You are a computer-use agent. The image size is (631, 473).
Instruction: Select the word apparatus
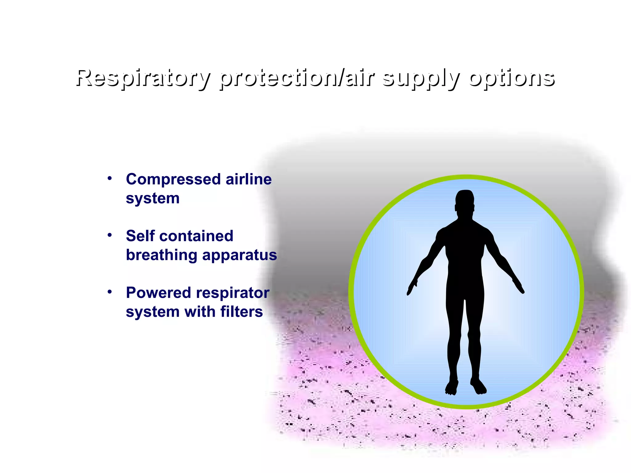coord(239,255)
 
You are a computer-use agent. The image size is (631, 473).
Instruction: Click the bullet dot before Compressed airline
coord(110,178)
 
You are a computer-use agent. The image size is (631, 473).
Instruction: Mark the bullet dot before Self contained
coord(110,235)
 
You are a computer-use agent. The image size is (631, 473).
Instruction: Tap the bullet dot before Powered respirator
coord(110,292)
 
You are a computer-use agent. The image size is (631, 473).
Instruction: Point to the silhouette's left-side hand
coord(412,287)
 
